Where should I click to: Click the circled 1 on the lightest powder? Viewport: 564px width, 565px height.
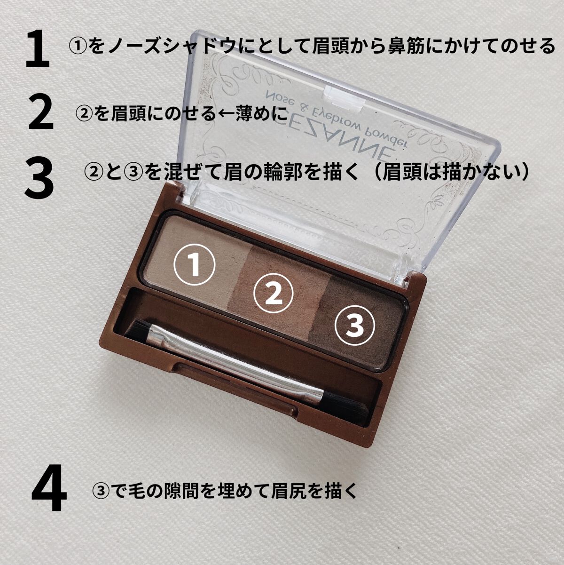click(195, 264)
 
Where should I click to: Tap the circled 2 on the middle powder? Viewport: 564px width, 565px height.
click(274, 297)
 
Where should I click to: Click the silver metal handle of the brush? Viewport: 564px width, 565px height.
click(235, 366)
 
